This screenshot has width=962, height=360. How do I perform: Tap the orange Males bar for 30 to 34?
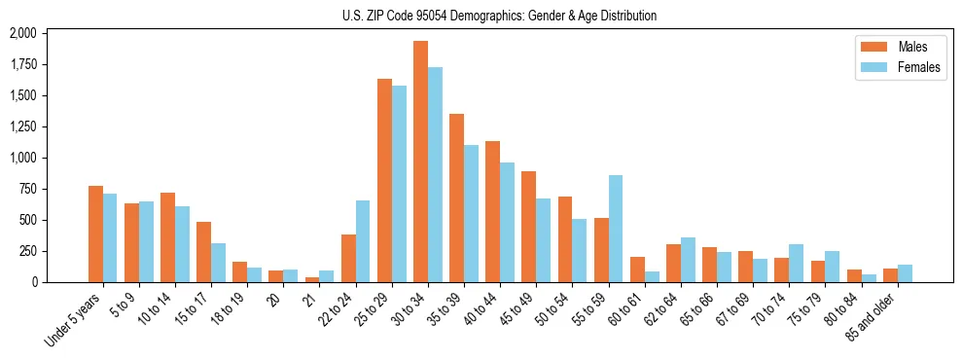(x=420, y=162)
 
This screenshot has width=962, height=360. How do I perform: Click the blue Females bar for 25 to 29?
(x=399, y=184)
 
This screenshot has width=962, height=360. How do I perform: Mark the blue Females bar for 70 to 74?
(x=797, y=263)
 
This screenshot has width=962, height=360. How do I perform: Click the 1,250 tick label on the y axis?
(x=22, y=126)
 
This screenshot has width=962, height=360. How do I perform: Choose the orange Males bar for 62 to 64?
(x=673, y=263)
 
